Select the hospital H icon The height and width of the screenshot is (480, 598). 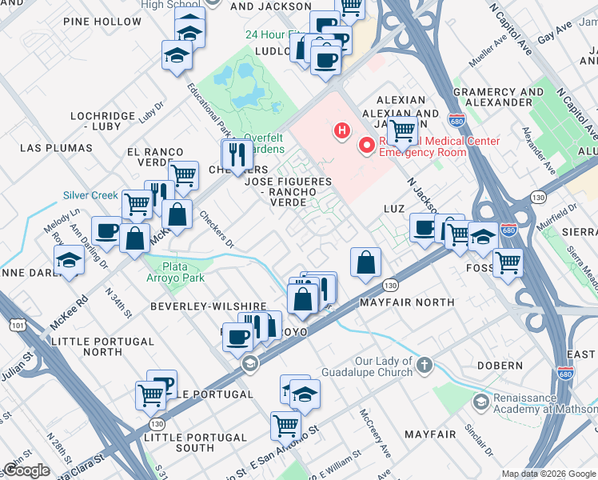[x=342, y=130]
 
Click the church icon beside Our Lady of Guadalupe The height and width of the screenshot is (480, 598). [x=424, y=366]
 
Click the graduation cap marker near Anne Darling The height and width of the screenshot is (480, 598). [x=69, y=260]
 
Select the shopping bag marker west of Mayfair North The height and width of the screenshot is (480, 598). [x=365, y=262]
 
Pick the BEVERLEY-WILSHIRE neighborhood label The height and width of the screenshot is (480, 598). [x=208, y=306]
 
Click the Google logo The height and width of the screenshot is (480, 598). [x=26, y=470]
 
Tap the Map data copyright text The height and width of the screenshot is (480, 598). [x=548, y=473]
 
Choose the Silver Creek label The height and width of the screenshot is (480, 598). [x=91, y=195]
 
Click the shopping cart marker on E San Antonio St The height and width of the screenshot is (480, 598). [x=285, y=426]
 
